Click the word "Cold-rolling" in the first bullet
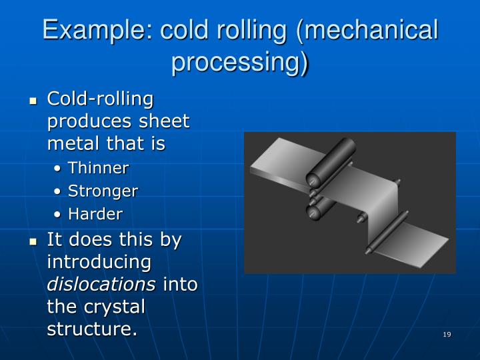pos(100,99)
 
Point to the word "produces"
pos(86,121)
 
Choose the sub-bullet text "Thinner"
pos(98,167)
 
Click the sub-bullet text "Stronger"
pos(103,191)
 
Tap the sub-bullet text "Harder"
pos(95,214)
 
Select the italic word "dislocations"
pos(101,284)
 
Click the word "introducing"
pos(99,261)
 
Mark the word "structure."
pos(92,329)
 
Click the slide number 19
pos(447,334)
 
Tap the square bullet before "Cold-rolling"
pos(32,101)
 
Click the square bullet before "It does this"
pos(32,241)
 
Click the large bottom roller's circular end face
pos(313,212)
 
